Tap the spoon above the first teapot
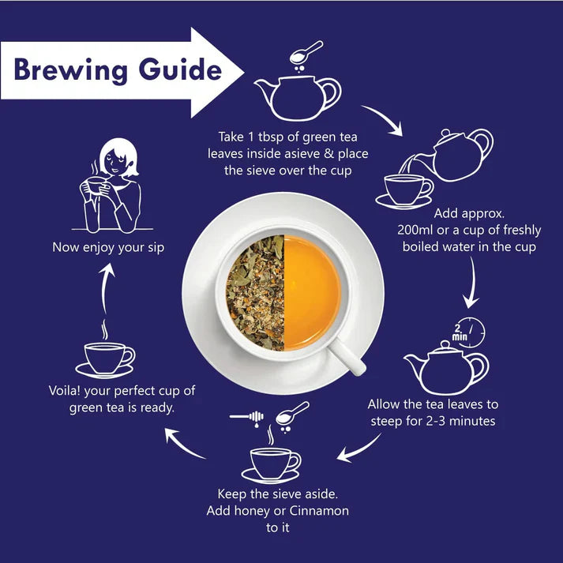click(307, 52)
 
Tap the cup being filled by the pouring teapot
click(406, 190)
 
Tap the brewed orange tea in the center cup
click(312, 293)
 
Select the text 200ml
click(418, 230)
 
